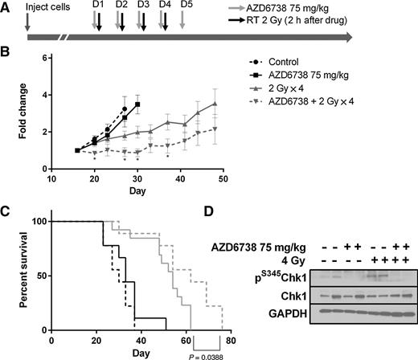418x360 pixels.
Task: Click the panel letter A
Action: pos(8,7)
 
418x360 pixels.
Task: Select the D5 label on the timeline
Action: pos(186,14)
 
